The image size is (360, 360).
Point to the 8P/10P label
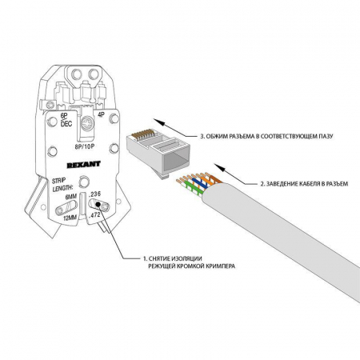pyautogui.click(x=85, y=145)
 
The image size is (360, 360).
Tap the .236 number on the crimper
pyautogui.click(x=96, y=194)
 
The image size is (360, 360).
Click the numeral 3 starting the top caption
pyautogui.click(x=202, y=137)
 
